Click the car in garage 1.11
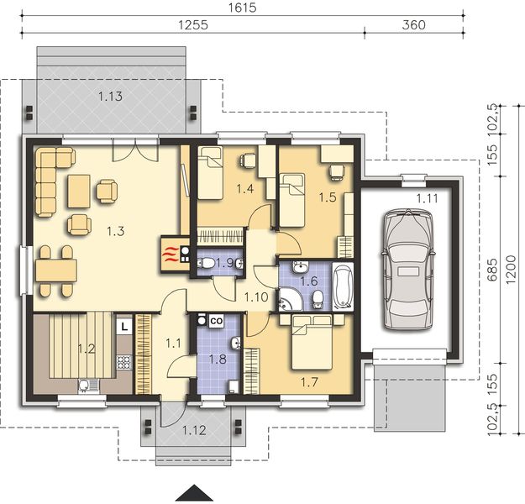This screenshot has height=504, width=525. click(407, 269)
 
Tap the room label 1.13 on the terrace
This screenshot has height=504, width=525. click(110, 97)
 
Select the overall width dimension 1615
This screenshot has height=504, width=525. click(243, 8)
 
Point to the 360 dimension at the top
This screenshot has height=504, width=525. click(413, 25)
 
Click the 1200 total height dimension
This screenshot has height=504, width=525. click(512, 270)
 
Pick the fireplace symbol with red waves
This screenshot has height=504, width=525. click(170, 254)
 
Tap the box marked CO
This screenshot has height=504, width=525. click(216, 321)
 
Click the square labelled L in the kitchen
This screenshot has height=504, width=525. click(124, 327)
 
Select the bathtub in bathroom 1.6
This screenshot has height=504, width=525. click(343, 286)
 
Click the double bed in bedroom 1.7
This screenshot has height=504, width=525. click(312, 342)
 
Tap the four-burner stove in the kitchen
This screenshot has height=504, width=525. click(123, 362)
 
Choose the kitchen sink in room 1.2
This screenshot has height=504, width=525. click(89, 386)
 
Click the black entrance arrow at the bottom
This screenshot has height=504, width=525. click(194, 493)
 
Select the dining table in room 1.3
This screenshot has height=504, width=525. click(56, 270)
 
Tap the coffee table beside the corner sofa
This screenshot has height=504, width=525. click(79, 192)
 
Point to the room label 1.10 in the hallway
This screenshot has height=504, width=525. click(256, 297)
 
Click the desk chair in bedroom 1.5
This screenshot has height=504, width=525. click(336, 172)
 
